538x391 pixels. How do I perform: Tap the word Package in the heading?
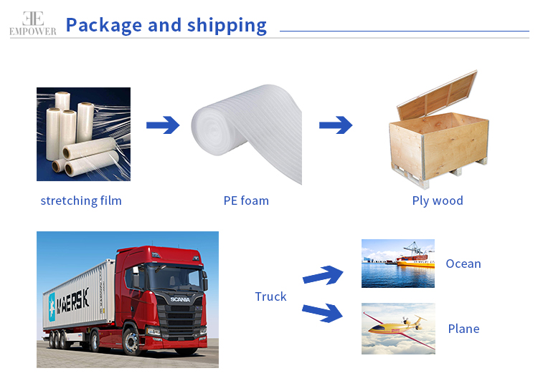103,25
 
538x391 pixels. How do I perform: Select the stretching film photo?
83,134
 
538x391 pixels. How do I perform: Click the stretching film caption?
81,201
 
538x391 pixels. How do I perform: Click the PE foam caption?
246,201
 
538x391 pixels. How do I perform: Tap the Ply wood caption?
438,201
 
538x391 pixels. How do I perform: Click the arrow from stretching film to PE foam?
163,126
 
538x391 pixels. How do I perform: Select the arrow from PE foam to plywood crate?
335,126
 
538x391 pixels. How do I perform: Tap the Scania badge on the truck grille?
176,299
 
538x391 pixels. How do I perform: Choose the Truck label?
270,296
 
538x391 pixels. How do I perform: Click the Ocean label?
463,264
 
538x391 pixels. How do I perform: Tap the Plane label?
463,329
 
